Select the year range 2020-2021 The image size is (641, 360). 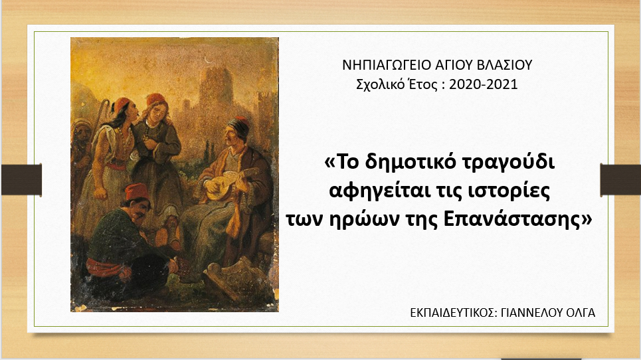pyautogui.click(x=483, y=84)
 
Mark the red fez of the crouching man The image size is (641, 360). pyautogui.click(x=137, y=191)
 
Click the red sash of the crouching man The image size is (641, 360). pyautogui.click(x=106, y=268)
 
